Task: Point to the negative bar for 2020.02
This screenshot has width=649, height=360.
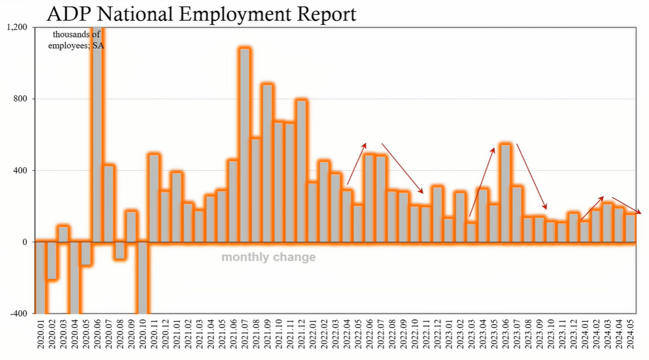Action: coord(52,260)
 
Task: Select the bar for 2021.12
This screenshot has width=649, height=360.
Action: coord(301,171)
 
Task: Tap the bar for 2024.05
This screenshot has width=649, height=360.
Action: coord(630,228)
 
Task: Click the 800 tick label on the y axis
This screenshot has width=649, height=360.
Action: coord(22,99)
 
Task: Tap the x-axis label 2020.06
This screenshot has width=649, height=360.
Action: coord(97,338)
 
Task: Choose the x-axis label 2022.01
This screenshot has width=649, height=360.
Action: coord(312,338)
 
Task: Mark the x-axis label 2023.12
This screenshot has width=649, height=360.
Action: coord(573,338)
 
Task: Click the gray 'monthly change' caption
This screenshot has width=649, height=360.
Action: coord(269,257)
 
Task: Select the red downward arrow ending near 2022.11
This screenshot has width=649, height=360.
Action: coord(402,168)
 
